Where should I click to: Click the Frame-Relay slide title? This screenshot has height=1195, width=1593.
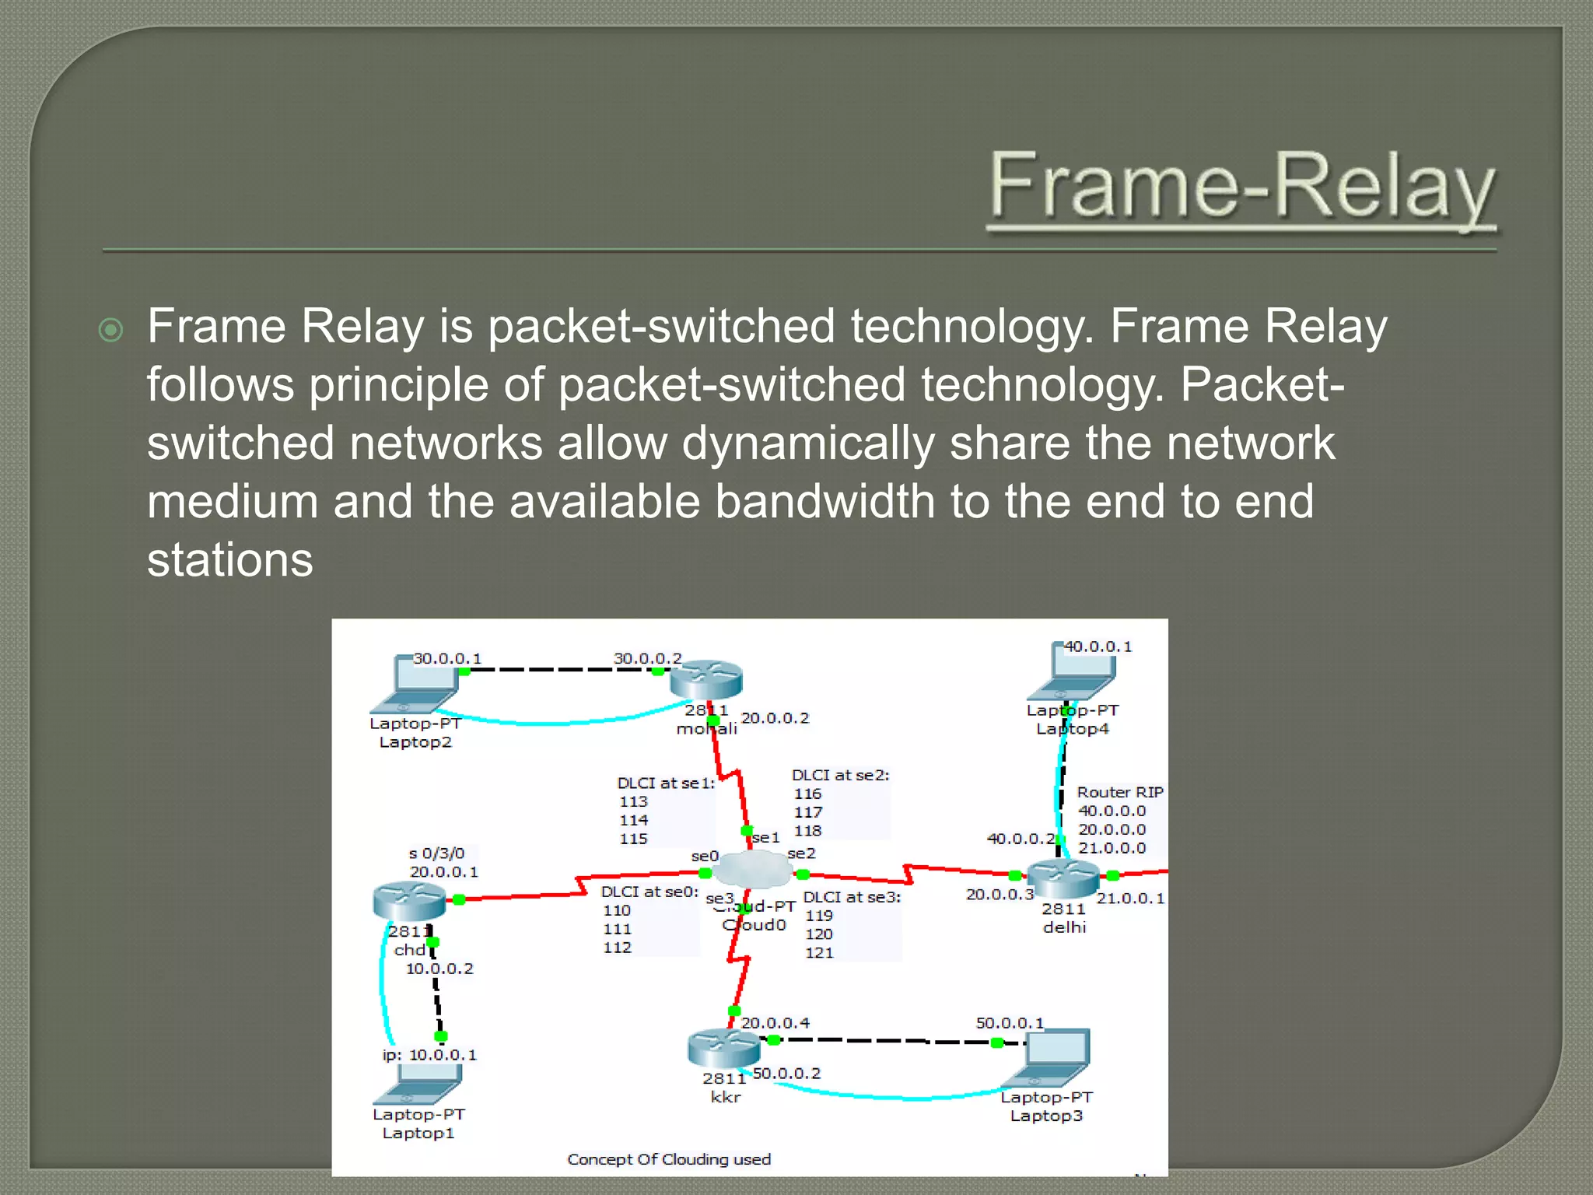pyautogui.click(x=1241, y=187)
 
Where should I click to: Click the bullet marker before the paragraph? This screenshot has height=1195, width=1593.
pyautogui.click(x=111, y=330)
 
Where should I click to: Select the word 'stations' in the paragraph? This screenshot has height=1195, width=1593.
pyautogui.click(x=229, y=559)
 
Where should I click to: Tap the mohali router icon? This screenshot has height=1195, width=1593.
pyautogui.click(x=705, y=679)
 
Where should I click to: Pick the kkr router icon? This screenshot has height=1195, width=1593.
pyautogui.click(x=723, y=1048)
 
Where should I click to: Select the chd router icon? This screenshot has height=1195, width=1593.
pyautogui.click(x=409, y=901)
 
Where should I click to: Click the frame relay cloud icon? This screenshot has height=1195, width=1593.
pyautogui.click(x=751, y=869)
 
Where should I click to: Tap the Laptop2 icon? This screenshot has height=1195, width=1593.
pyautogui.click(x=416, y=685)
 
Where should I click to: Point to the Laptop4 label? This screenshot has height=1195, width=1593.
pyautogui.click(x=1072, y=729)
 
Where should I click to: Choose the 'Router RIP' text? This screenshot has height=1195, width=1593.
pyautogui.click(x=1119, y=792)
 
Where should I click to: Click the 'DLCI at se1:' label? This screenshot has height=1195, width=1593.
pyautogui.click(x=665, y=783)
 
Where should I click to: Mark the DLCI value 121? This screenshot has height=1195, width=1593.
pyautogui.click(x=819, y=952)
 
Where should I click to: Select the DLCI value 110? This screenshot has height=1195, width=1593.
pyautogui.click(x=616, y=910)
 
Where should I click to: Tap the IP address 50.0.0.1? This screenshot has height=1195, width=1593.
pyautogui.click(x=1010, y=1023)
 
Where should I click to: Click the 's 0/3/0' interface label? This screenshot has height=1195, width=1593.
pyautogui.click(x=436, y=853)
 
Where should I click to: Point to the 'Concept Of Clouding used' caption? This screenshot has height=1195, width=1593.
pyautogui.click(x=669, y=1159)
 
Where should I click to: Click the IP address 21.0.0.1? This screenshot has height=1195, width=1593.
pyautogui.click(x=1130, y=899)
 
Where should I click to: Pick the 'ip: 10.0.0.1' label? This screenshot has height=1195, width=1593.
pyautogui.click(x=429, y=1055)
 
